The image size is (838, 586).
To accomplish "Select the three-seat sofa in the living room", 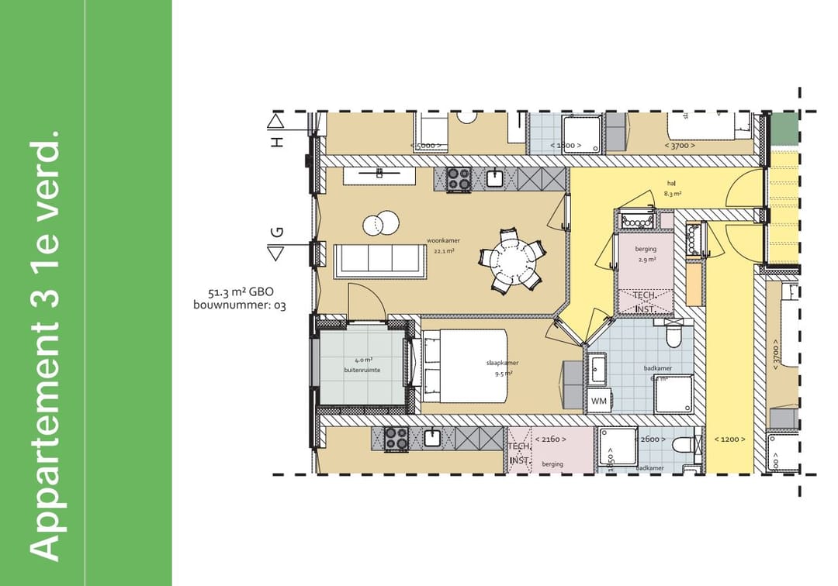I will [380, 260].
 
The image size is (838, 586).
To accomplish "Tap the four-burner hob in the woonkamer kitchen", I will [459, 180].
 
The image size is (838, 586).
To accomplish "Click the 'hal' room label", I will [671, 184].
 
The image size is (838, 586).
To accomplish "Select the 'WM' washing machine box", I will [598, 401].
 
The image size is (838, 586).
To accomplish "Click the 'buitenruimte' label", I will [362, 371].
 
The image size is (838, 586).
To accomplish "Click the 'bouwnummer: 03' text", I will [239, 306].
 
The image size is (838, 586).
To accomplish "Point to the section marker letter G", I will [277, 233].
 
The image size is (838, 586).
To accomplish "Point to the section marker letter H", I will [277, 141].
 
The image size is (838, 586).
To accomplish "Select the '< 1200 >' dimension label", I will [729, 439].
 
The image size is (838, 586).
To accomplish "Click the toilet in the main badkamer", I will [674, 334].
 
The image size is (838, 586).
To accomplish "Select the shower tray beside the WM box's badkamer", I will [674, 395].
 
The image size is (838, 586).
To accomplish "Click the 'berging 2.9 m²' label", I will [645, 254].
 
